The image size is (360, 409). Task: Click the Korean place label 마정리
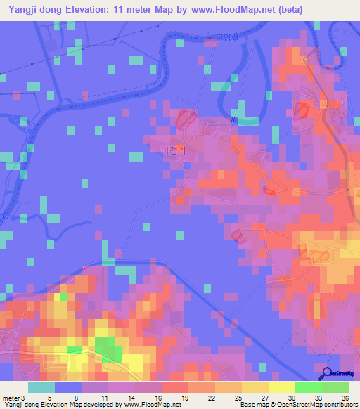172,150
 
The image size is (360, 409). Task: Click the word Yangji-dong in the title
32,8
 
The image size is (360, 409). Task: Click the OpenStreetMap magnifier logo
326,375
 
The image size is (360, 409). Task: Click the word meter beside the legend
11,398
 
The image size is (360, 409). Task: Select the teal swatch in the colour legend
41,387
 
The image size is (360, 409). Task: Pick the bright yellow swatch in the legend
281,387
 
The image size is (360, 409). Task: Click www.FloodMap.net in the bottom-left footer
143,405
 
